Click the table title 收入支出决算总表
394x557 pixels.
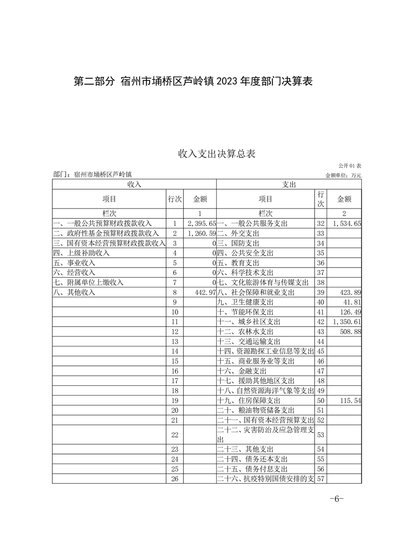(x=217, y=154)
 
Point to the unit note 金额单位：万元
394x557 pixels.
(x=343, y=175)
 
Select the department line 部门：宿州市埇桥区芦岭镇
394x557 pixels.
(x=94, y=175)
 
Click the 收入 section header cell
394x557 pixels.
(x=134, y=184)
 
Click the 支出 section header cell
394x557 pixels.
(x=289, y=184)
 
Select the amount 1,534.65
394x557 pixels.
(x=347, y=224)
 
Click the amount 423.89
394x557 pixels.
(x=350, y=292)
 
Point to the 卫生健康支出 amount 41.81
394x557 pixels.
(x=352, y=302)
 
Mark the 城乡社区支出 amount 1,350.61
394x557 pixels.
(x=347, y=322)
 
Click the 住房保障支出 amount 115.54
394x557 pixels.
(x=350, y=400)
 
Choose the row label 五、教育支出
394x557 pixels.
(x=238, y=263)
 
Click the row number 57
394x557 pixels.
(x=320, y=479)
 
